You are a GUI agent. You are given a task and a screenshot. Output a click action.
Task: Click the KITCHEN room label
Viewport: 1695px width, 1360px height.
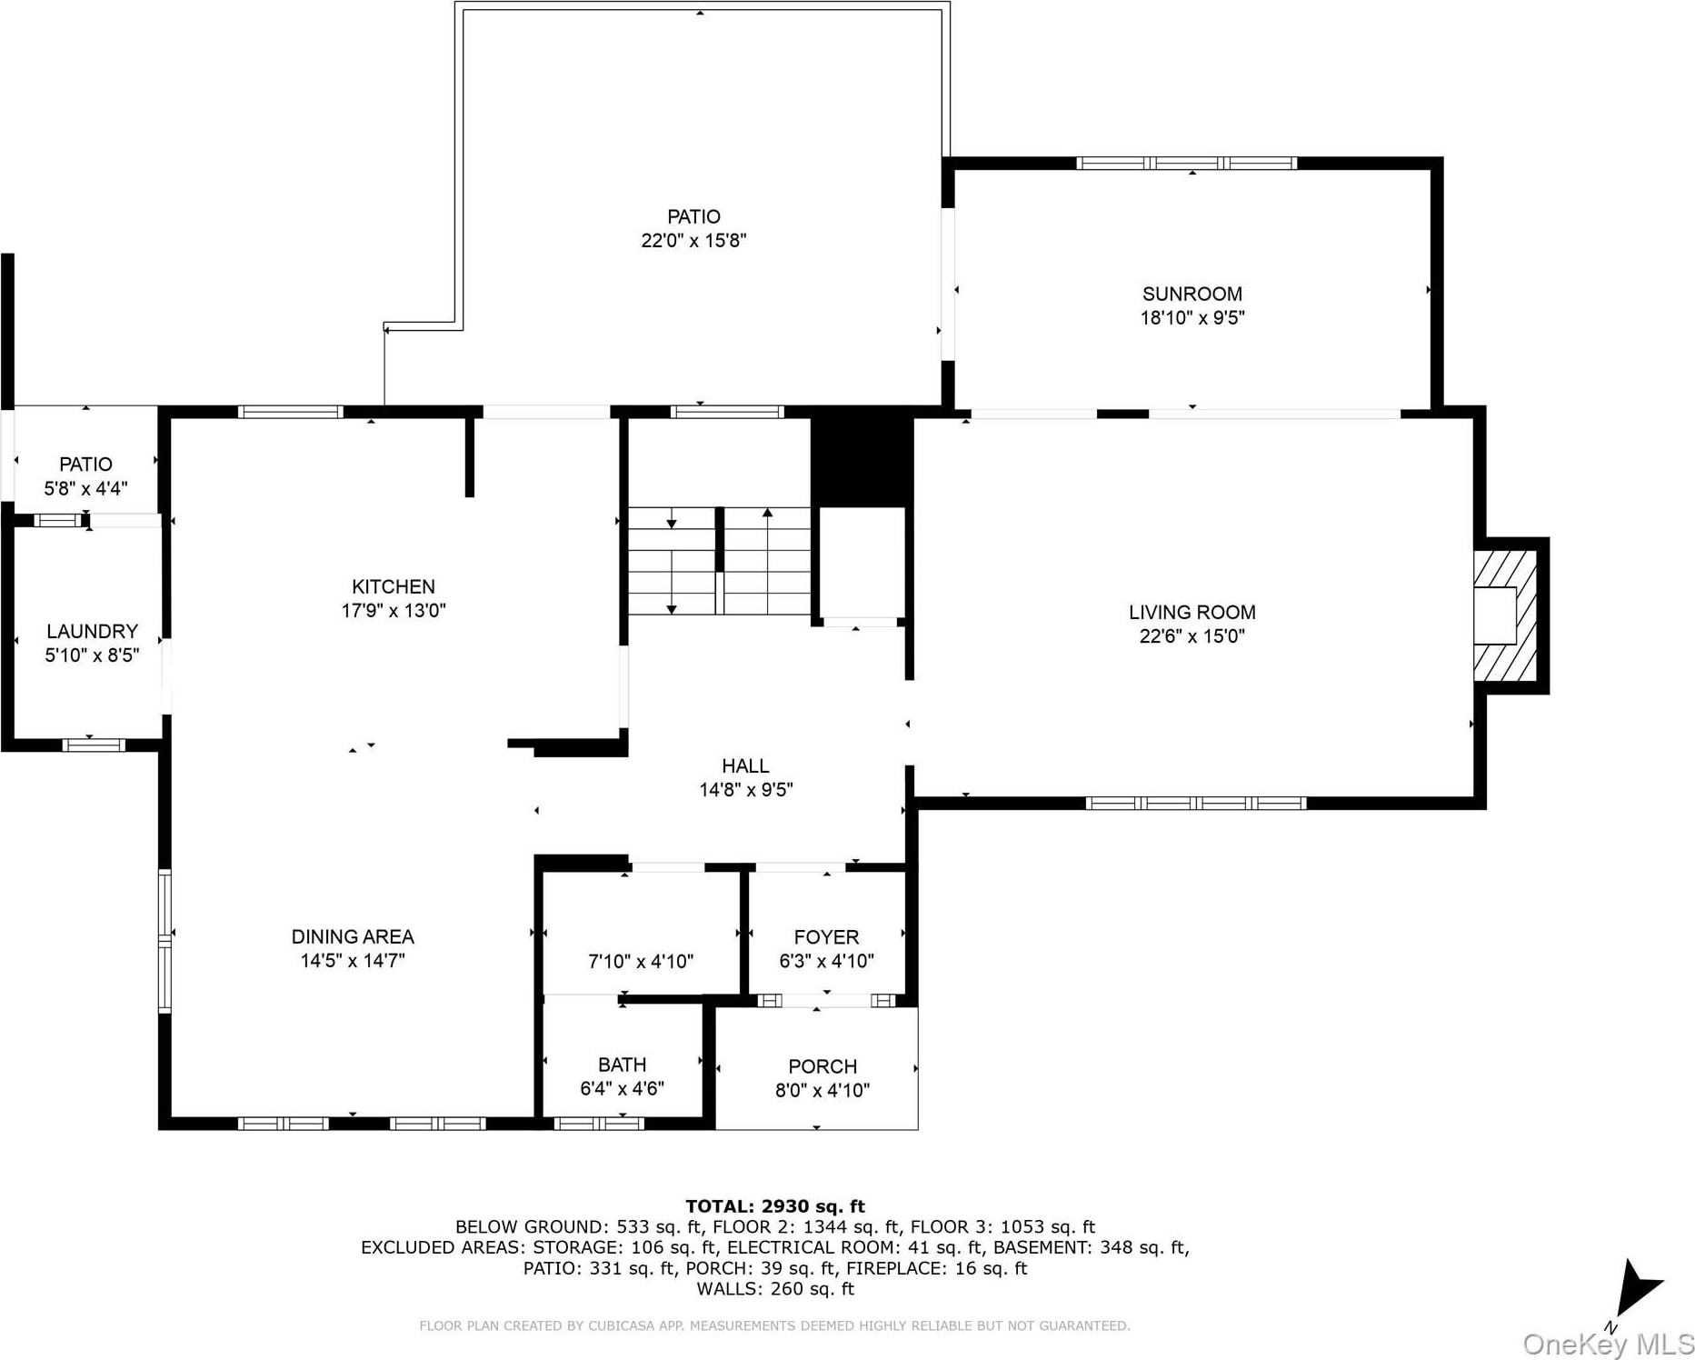point(394,586)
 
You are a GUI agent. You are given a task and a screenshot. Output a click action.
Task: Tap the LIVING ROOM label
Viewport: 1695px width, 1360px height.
point(1191,613)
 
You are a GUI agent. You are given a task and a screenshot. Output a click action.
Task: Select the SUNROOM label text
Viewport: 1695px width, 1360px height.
point(1191,294)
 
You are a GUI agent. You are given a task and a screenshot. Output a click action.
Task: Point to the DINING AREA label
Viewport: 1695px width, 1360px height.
point(353,936)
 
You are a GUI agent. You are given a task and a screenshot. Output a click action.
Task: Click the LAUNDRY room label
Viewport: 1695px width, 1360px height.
point(92,631)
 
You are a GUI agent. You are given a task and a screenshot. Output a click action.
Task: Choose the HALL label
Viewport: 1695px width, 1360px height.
point(745,765)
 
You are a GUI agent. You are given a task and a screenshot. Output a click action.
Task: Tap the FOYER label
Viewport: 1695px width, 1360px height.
point(826,936)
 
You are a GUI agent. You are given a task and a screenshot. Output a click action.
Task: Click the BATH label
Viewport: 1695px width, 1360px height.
point(623,1065)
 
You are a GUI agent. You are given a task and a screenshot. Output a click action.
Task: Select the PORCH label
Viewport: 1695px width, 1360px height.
point(823,1066)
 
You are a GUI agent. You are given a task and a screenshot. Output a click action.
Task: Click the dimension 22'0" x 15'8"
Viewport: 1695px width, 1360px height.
point(693,240)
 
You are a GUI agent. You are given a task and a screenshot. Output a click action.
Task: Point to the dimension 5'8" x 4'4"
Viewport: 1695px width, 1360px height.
point(85,488)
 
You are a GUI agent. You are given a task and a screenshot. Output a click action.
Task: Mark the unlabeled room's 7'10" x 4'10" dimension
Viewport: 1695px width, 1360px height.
point(641,961)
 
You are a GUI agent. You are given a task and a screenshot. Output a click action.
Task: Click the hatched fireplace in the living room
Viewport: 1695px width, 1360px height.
point(1505,615)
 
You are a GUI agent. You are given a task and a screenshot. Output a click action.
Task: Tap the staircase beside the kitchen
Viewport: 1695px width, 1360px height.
point(719,560)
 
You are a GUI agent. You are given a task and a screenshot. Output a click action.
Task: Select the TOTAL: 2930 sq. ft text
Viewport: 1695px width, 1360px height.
point(775,1206)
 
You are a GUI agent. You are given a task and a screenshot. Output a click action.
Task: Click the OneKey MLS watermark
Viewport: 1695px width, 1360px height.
point(1608,1344)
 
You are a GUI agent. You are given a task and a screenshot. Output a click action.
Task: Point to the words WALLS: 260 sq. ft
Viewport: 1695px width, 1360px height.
point(775,1288)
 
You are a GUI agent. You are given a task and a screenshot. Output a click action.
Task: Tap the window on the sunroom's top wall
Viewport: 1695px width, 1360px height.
point(1186,164)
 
